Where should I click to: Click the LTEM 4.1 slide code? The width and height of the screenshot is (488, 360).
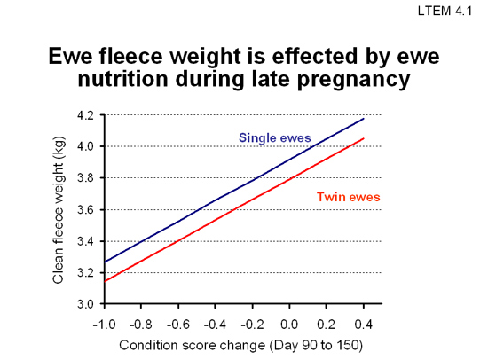(445, 11)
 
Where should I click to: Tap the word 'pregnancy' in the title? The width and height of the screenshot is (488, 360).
(353, 80)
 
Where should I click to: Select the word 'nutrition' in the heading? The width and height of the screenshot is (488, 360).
(123, 79)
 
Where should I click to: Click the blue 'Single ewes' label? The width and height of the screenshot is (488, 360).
(275, 137)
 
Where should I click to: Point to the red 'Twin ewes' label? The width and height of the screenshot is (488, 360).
(349, 197)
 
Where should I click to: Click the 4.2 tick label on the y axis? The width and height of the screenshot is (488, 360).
(85, 115)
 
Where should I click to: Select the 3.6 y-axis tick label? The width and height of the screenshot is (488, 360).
(85, 210)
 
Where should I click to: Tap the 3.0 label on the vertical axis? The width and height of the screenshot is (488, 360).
(85, 304)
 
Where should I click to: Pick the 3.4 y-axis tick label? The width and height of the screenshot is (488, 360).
(85, 241)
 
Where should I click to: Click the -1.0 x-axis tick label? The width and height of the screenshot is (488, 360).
(105, 325)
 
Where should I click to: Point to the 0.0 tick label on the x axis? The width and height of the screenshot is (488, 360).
(289, 325)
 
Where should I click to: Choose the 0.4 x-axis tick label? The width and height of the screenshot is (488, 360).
(364, 325)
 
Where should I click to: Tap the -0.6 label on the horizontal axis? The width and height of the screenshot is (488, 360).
(178, 325)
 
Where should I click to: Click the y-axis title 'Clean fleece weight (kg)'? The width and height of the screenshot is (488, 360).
(59, 210)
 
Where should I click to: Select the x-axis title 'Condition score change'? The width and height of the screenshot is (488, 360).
(192, 346)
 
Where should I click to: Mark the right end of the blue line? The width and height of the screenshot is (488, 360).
(364, 119)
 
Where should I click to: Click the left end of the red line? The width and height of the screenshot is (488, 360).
(105, 282)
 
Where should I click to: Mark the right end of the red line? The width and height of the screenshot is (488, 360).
(364, 138)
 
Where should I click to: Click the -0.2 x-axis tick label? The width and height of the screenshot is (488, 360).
(252, 325)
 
